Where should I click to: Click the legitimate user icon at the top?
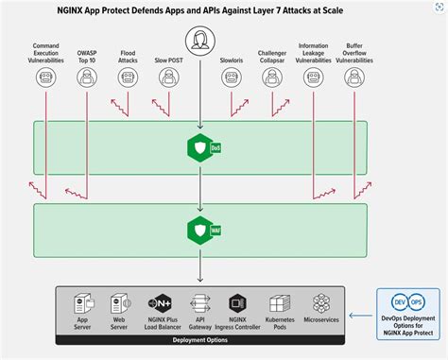[200, 41]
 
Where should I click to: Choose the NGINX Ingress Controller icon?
[240, 303]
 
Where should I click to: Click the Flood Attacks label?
[129, 58]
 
